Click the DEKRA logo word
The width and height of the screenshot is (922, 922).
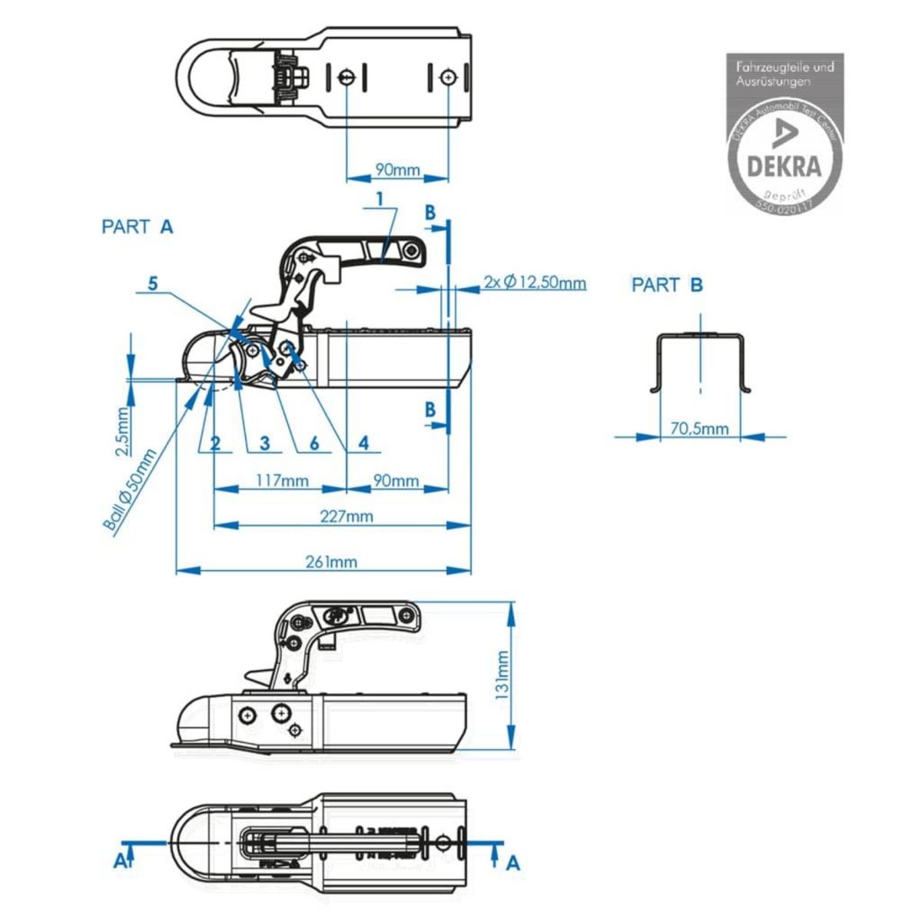pos(784,166)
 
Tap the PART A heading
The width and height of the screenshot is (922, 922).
pos(138,227)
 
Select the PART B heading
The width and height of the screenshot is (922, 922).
pos(667,285)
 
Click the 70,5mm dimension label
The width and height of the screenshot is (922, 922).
pos(699,428)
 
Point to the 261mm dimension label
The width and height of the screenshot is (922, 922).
pos(332,562)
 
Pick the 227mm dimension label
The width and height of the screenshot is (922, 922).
pos(347,516)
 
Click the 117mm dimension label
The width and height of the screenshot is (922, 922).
pos(282,481)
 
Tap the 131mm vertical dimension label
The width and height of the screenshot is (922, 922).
pos(502,675)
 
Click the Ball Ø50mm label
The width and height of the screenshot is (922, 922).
pos(130,489)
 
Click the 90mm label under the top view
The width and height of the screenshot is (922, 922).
pos(397,169)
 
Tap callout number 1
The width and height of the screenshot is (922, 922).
pos(380,199)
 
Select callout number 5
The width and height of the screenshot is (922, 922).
pos(153,284)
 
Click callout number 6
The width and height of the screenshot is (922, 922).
pos(314,443)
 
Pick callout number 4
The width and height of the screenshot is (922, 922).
pos(363,443)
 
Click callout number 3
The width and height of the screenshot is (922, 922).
pos(265,443)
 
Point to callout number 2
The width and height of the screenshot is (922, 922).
pos(216,443)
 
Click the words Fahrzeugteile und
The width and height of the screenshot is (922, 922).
pos(784,67)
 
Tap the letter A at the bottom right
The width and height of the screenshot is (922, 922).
pos(513,864)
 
